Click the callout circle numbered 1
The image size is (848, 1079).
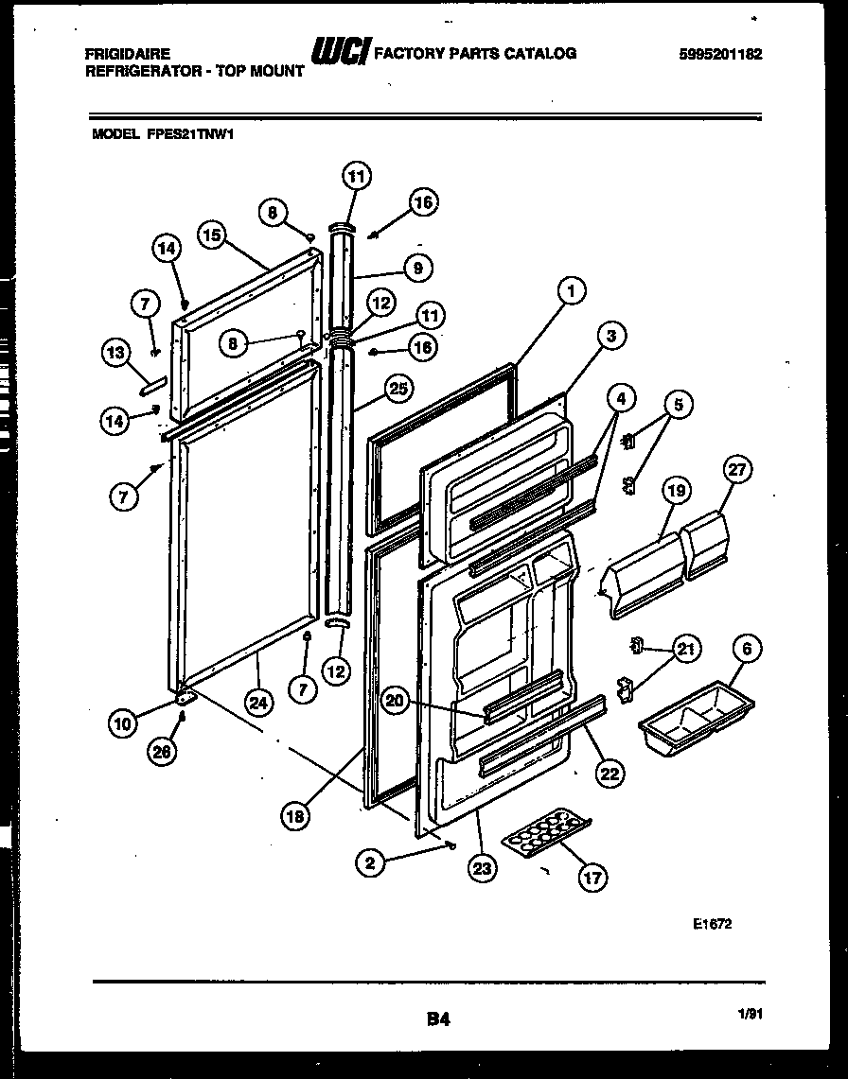click(x=573, y=292)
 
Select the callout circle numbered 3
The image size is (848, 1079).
click(x=612, y=335)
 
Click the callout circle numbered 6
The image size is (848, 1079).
click(x=747, y=649)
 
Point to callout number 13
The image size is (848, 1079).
click(x=115, y=354)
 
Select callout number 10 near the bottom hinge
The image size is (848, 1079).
click(x=122, y=724)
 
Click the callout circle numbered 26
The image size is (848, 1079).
click(x=162, y=753)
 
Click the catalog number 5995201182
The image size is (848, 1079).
click(x=720, y=54)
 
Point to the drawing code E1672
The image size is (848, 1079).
click(x=712, y=925)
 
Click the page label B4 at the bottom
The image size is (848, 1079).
click(x=436, y=1019)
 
